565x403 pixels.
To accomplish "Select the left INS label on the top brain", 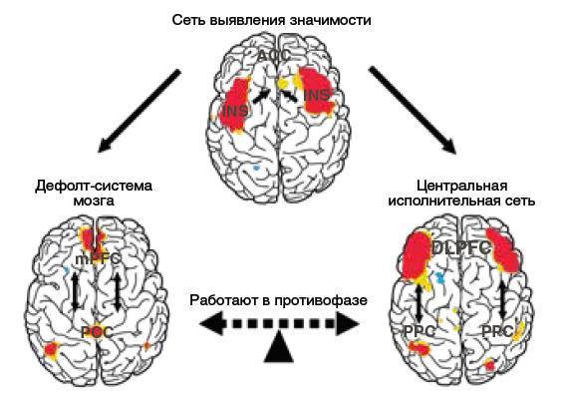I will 235,110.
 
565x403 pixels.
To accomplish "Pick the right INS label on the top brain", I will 317,96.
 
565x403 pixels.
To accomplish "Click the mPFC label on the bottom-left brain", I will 94,256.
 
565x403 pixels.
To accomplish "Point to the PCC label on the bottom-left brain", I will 96,331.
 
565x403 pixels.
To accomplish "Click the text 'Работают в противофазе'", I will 280,300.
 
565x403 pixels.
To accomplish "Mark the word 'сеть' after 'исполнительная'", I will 520,201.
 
